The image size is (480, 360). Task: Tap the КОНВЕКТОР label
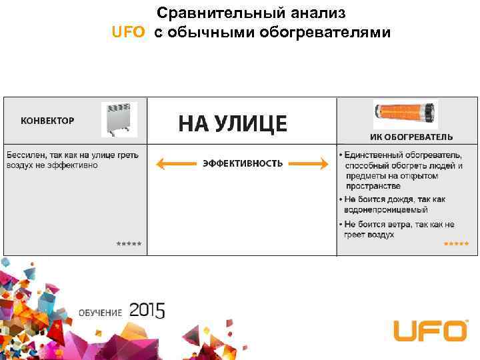47,121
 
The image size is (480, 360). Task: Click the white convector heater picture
119,120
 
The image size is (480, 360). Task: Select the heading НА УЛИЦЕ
233,123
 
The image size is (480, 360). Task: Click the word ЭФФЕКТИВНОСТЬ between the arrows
243,163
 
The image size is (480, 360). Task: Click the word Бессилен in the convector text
25,155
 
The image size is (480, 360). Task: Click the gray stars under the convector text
129,244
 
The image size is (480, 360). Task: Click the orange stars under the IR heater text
456,244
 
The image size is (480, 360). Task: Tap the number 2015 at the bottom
147,310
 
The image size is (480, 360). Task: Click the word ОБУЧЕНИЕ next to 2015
101,313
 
